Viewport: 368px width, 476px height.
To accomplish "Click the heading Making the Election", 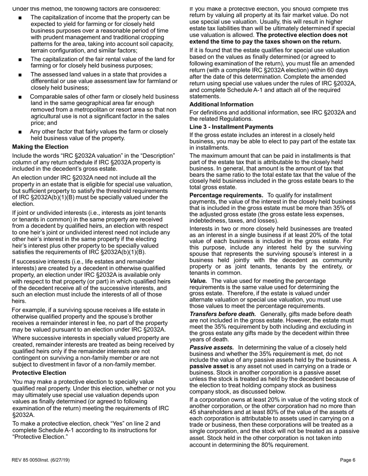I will click(x=40, y=147).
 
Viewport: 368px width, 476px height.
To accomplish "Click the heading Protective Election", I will click(x=39, y=373).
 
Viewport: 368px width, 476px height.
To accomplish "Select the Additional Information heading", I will click(x=221, y=104).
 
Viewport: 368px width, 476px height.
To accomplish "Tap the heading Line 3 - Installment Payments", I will click(x=231, y=127).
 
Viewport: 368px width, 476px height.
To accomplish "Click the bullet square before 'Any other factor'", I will click(x=20, y=132).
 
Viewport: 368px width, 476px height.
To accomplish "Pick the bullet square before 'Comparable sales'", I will click(x=20, y=97).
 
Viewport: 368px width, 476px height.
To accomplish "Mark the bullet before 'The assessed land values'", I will click(x=20, y=75).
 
